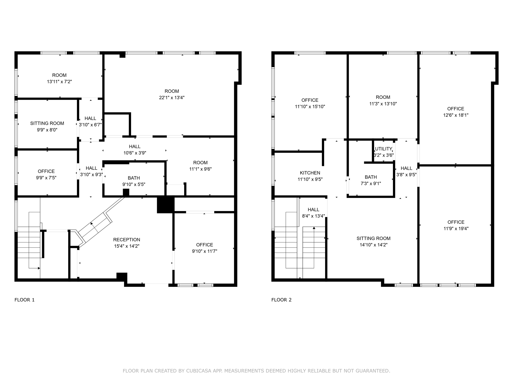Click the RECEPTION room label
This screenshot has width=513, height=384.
[126, 240]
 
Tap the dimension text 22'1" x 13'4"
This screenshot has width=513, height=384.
[172, 98]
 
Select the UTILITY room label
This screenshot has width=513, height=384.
[383, 149]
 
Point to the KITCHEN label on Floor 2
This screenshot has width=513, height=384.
[310, 173]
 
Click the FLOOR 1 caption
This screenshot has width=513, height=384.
[25, 300]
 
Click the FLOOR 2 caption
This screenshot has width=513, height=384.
[281, 300]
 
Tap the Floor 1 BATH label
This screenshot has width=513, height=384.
[134, 178]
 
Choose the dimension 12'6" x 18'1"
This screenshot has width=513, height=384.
[456, 115]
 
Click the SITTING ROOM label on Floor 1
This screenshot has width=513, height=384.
[47, 123]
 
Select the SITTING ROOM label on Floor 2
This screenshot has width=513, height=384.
[373, 238]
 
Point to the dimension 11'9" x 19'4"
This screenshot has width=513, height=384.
[456, 228]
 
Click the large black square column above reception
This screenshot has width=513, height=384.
[165, 205]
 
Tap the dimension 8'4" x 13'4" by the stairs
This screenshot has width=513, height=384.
[313, 216]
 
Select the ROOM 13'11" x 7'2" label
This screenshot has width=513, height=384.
[59, 75]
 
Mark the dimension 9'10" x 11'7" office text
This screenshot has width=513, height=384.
[204, 251]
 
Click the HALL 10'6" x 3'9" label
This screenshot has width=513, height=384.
[135, 146]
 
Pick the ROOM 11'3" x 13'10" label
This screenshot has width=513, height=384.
[383, 97]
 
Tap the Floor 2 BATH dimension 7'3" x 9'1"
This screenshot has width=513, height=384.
[371, 183]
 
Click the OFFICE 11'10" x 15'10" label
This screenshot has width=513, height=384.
[310, 100]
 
